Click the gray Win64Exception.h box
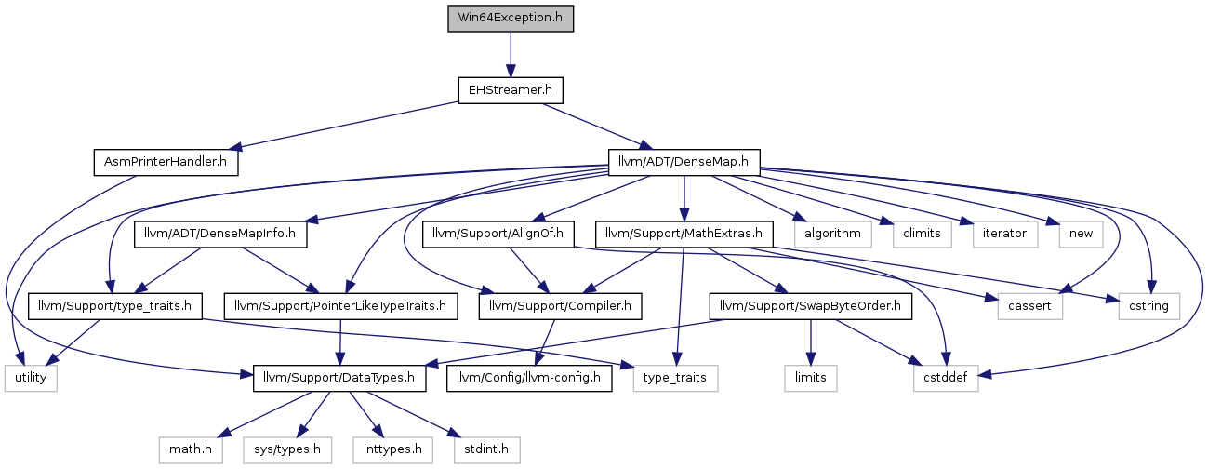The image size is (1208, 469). click(x=511, y=19)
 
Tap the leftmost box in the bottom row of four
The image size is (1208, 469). click(x=191, y=449)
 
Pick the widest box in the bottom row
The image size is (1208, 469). click(x=287, y=449)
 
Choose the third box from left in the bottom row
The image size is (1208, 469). click(x=392, y=449)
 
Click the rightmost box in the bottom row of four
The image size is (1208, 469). click(x=487, y=449)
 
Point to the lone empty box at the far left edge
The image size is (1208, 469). click(x=31, y=379)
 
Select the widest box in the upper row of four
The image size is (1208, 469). click(x=833, y=234)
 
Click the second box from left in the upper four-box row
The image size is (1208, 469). click(x=923, y=234)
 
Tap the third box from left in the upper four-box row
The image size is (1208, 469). click(x=1005, y=234)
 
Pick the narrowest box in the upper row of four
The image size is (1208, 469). click(x=1081, y=234)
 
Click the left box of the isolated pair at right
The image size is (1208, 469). click(x=1030, y=306)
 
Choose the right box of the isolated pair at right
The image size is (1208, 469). click(x=1149, y=306)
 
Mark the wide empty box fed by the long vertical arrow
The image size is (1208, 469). click(x=675, y=379)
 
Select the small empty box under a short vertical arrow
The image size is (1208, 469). click(x=811, y=379)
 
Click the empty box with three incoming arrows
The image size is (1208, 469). click(x=946, y=379)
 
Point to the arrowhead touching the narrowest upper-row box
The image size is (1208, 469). click(x=1053, y=221)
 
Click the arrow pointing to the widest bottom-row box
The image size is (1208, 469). click(x=314, y=414)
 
